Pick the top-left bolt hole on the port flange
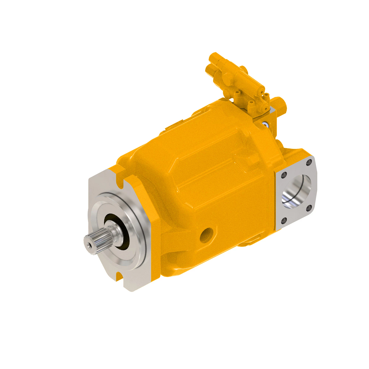284,175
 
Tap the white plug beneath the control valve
265,124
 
